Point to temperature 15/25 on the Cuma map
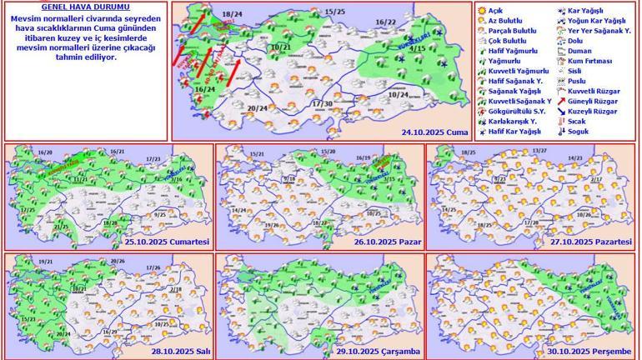pyautogui.click(x=334, y=12)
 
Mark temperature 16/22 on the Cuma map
pyautogui.click(x=385, y=22)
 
